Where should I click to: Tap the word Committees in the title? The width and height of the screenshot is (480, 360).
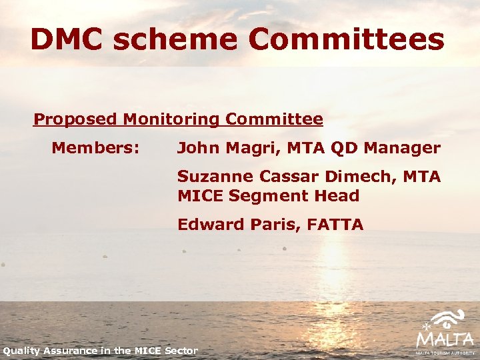click(347, 39)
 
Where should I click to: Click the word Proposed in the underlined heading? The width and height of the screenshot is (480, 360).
click(75, 120)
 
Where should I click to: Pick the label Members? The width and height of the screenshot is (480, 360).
click(95, 147)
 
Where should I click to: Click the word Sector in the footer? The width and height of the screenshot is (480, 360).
click(181, 351)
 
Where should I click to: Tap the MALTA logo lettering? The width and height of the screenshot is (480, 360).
click(445, 339)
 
